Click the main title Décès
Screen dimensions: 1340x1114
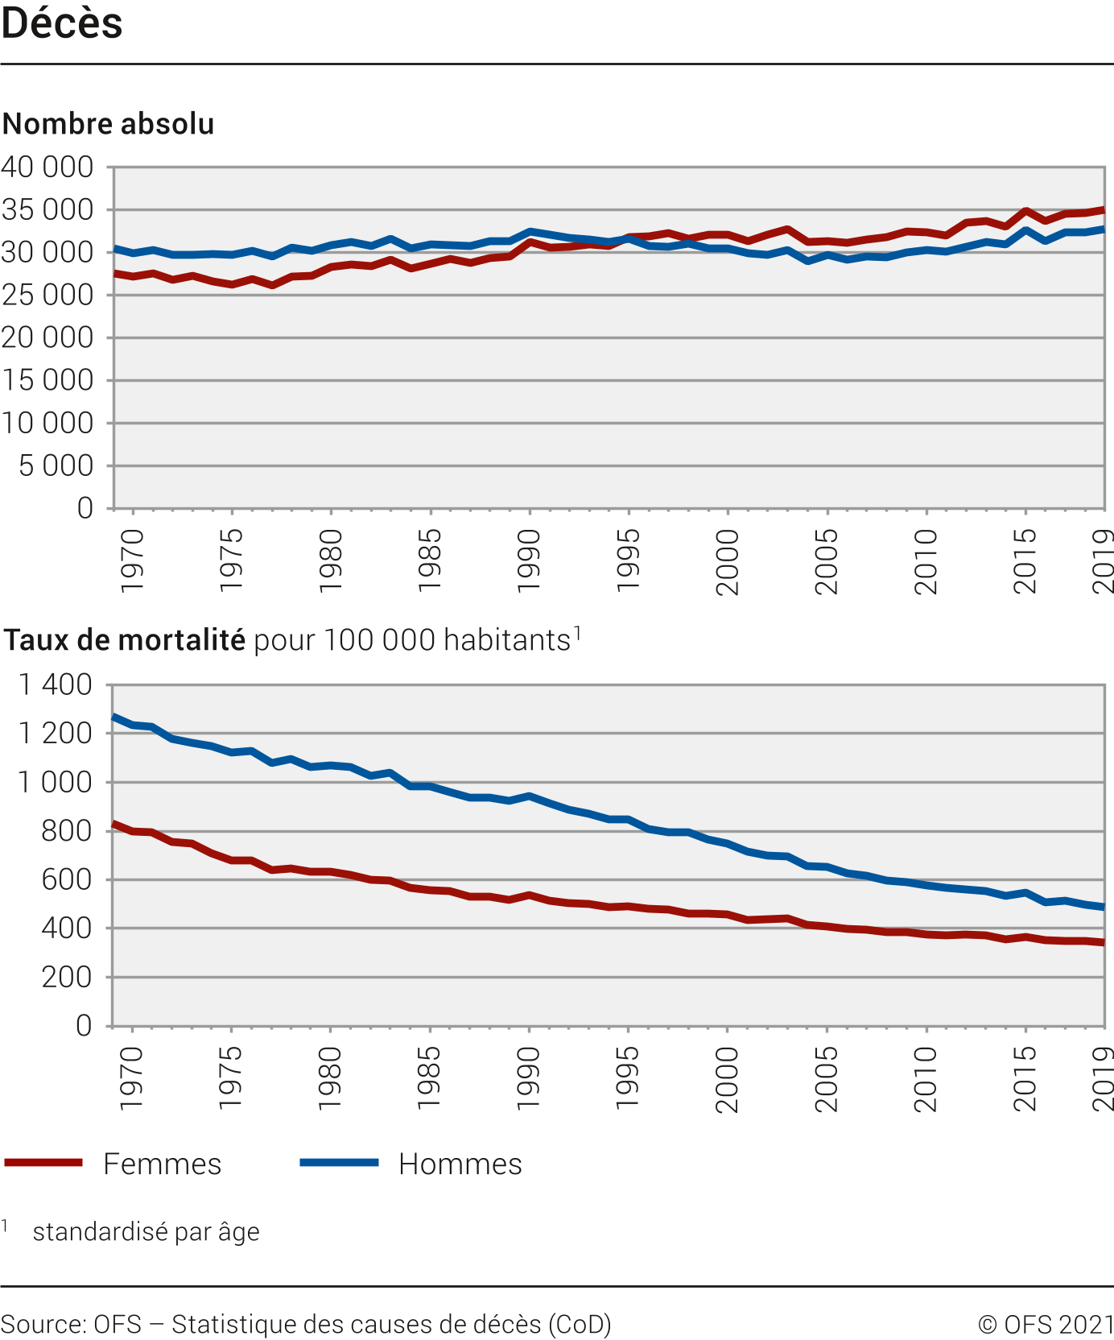click(x=62, y=23)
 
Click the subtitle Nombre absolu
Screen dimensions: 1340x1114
click(x=109, y=124)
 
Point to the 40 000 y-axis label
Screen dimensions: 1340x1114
click(x=47, y=167)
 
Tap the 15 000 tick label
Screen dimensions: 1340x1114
click(x=47, y=380)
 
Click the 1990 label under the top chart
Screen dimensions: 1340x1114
click(x=529, y=561)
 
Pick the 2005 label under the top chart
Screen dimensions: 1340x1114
click(x=827, y=561)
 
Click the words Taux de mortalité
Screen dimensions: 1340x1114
click(x=125, y=640)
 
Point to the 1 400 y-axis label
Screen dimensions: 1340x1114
click(x=56, y=685)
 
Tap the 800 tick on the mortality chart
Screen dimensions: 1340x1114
click(x=67, y=831)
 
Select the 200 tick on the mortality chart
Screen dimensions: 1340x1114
click(x=67, y=978)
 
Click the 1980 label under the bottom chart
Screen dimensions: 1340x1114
click(x=330, y=1079)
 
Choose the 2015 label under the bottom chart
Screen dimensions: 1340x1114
click(x=1025, y=1079)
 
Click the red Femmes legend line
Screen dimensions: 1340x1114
click(x=43, y=1163)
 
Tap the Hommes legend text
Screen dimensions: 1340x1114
click(x=460, y=1164)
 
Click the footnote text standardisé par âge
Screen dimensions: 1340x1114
click(x=146, y=1232)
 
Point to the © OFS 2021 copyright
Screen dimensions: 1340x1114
click(x=1046, y=1325)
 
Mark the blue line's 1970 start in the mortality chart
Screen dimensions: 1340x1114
click(x=113, y=716)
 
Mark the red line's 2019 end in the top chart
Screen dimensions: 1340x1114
click(x=1103, y=210)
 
